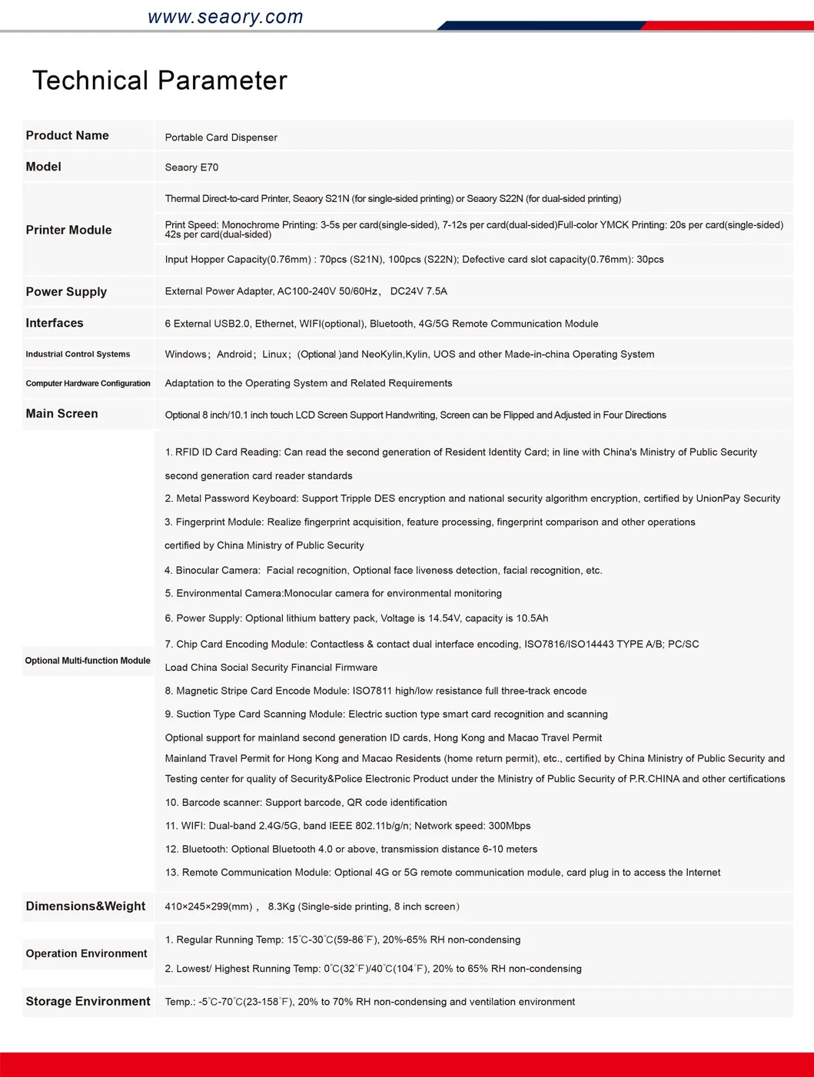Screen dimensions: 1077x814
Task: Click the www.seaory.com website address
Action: tap(225, 17)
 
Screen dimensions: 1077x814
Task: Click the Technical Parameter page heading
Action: tap(160, 81)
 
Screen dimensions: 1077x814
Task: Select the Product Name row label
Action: tap(68, 136)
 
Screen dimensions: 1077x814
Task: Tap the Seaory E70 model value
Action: tap(191, 167)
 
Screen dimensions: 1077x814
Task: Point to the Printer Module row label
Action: tap(69, 230)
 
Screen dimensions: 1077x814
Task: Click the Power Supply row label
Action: tap(66, 292)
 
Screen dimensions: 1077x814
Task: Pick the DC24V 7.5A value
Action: tap(418, 292)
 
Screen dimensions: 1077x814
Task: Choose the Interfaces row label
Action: tap(55, 323)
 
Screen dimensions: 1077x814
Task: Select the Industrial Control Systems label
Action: tap(78, 354)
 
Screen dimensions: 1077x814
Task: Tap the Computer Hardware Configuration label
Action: tap(88, 383)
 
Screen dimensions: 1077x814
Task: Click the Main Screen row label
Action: tap(61, 414)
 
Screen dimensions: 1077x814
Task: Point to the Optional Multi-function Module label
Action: tap(88, 661)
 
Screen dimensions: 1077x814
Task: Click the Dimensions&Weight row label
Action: tap(85, 906)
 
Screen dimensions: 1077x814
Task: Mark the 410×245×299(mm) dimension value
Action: tap(208, 906)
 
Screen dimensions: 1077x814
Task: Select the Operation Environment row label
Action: tap(86, 953)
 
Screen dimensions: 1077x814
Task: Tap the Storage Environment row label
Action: tap(88, 1002)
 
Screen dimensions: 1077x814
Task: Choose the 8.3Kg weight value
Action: tap(281, 906)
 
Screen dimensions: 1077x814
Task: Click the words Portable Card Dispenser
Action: tap(221, 138)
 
